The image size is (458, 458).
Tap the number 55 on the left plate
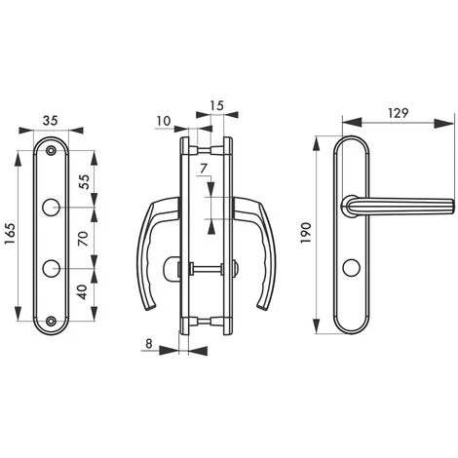point(84,181)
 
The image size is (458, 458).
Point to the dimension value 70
point(84,238)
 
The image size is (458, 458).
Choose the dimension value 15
point(216,102)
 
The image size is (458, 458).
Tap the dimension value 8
point(148,342)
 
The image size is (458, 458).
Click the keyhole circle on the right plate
point(350,265)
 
